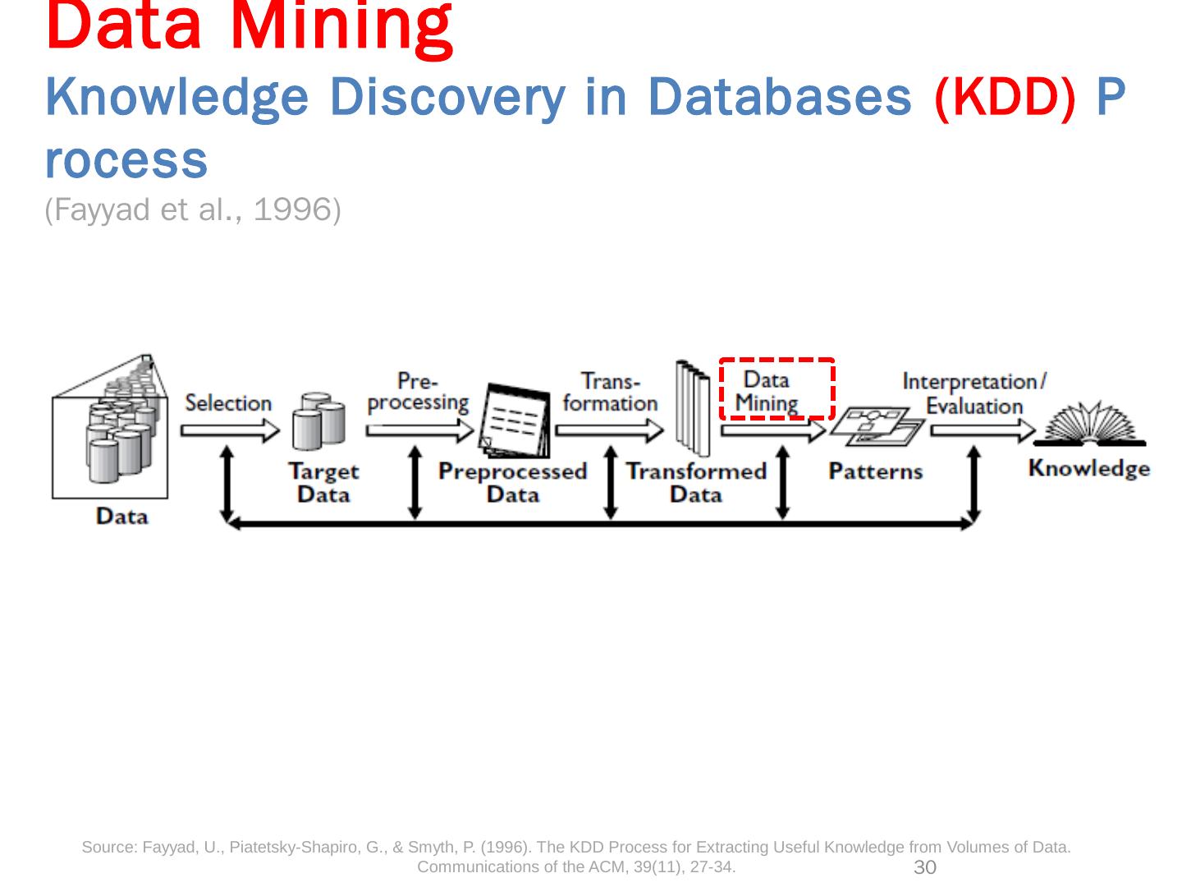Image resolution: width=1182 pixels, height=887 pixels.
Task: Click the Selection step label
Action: [228, 403]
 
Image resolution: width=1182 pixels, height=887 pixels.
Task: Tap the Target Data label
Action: [323, 482]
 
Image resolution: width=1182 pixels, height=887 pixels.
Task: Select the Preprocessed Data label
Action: [512, 482]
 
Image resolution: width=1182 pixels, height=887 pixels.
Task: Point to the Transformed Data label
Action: [696, 482]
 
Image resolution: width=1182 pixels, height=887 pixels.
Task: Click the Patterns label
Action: [876, 471]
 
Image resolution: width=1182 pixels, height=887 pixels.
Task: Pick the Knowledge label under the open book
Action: [1088, 468]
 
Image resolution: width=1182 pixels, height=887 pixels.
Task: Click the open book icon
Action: [1089, 424]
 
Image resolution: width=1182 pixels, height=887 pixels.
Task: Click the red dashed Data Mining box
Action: [777, 388]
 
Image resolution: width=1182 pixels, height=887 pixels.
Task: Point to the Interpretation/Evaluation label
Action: [974, 393]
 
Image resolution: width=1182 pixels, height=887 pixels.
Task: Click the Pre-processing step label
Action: [418, 392]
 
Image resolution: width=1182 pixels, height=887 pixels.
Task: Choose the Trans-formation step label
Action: [611, 392]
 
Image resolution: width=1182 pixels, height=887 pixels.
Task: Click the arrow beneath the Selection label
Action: [230, 430]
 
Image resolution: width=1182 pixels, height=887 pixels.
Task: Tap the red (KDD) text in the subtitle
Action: [1004, 98]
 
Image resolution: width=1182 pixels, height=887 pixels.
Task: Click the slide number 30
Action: [925, 868]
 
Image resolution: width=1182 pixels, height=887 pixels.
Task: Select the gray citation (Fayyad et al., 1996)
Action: [193, 211]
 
